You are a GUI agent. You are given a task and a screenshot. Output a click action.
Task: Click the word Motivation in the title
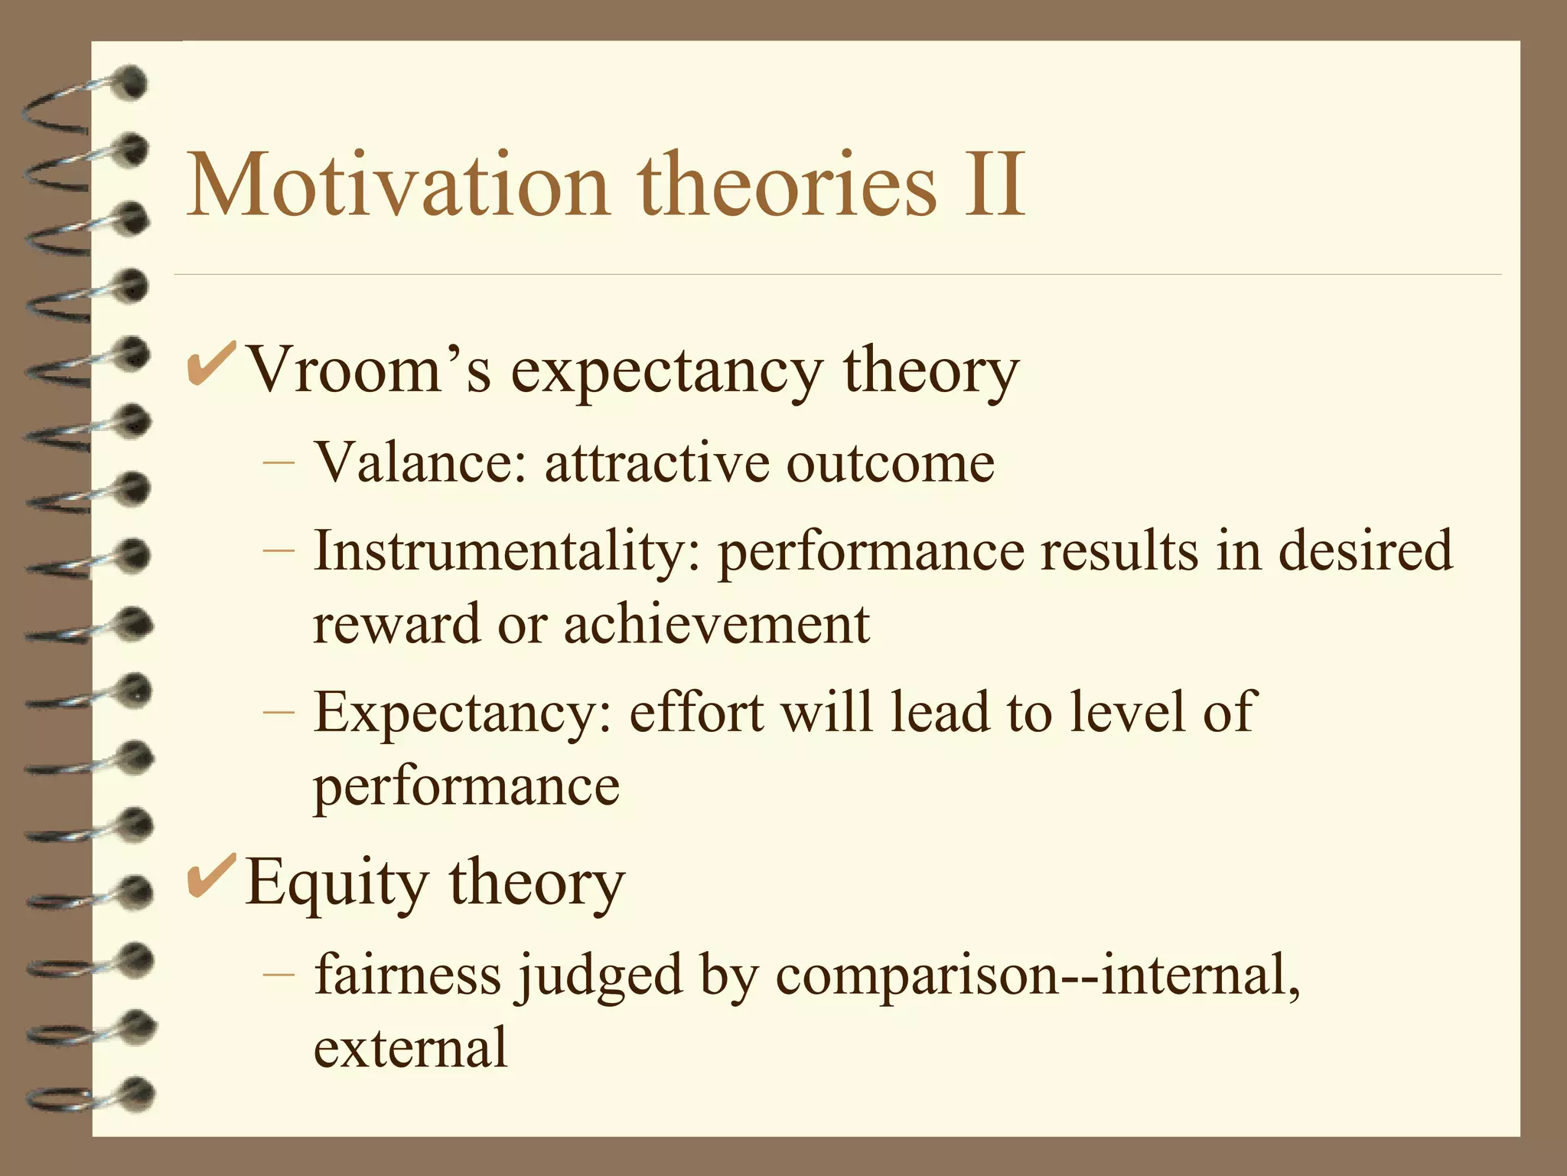tap(398, 186)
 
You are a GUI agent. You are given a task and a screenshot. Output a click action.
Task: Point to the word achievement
tap(717, 624)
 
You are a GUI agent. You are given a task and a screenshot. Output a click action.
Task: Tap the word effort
tap(696, 713)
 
